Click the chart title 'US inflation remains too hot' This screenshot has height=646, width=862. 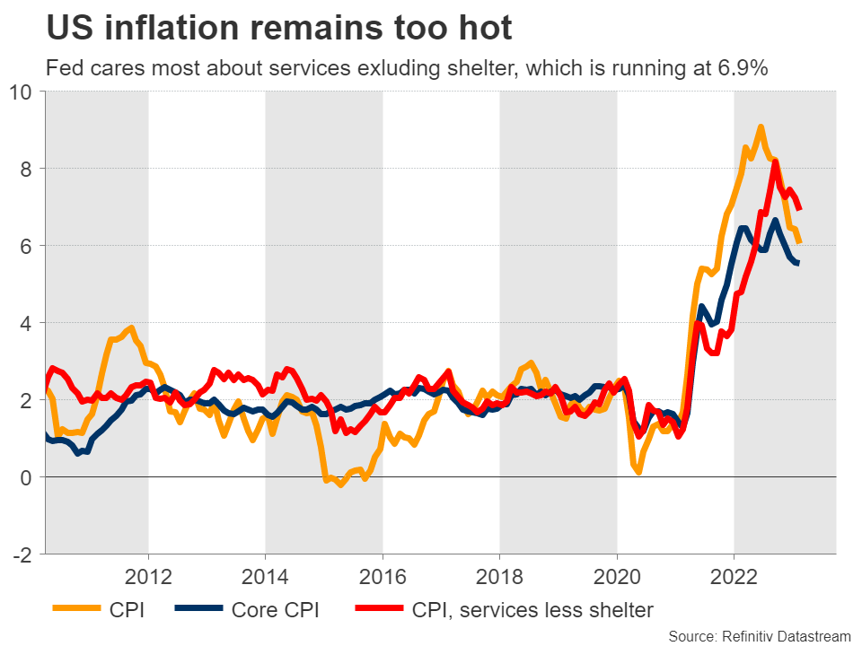click(x=279, y=29)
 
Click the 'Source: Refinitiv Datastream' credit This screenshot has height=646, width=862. click(x=760, y=635)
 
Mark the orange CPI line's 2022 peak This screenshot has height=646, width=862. click(x=761, y=127)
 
